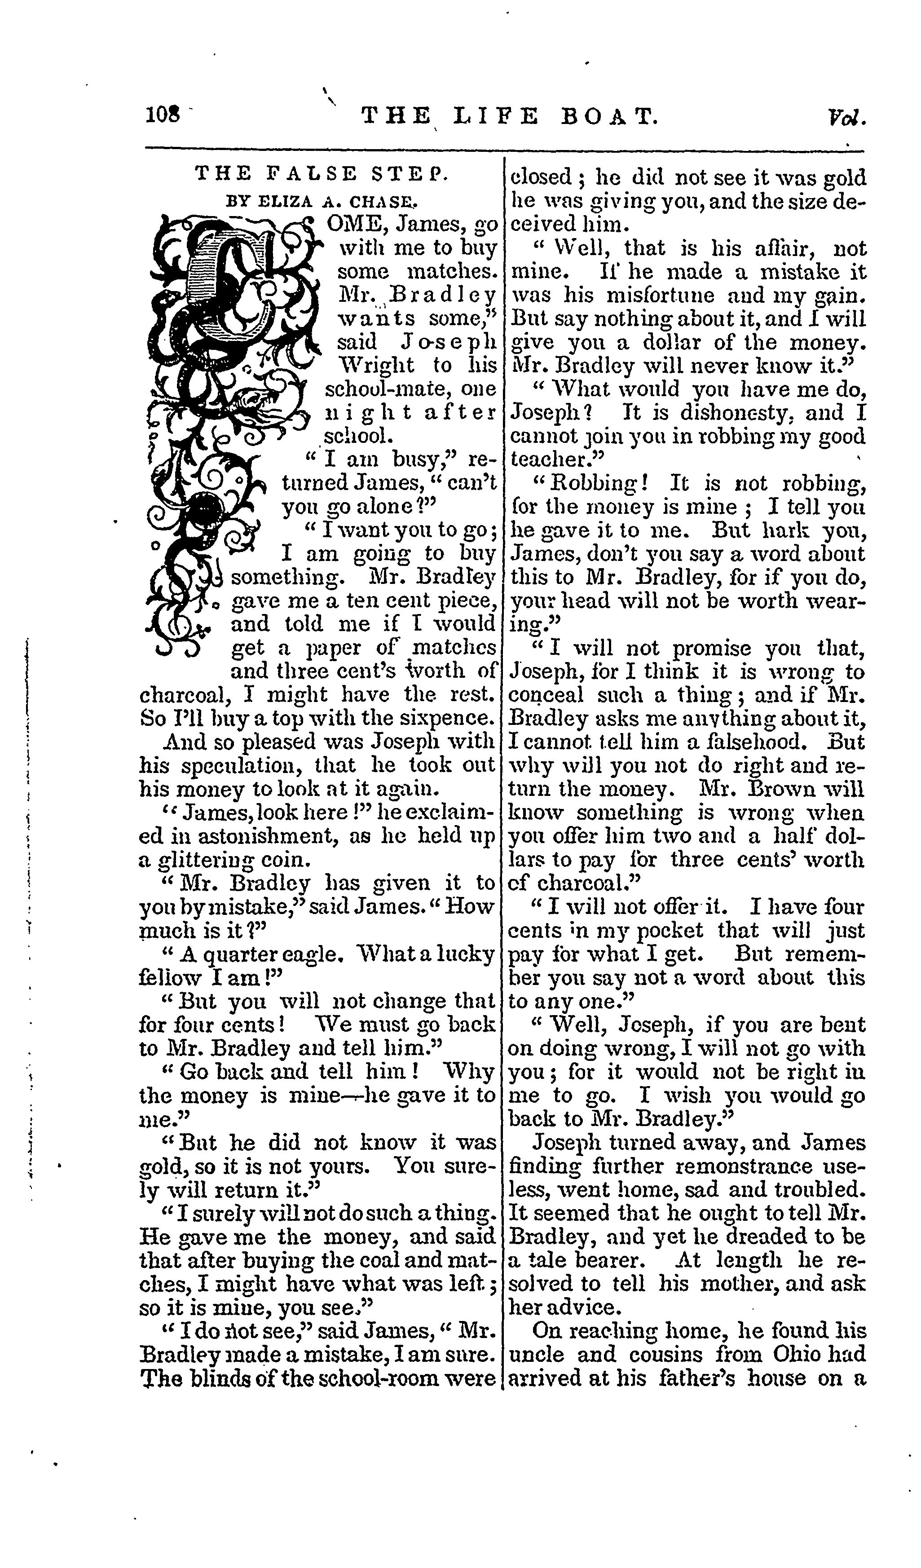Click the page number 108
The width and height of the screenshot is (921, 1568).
(x=162, y=116)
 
